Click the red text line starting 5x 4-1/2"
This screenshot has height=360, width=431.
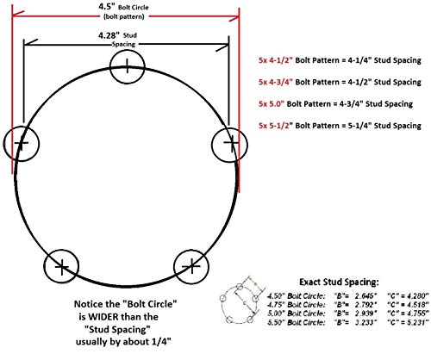click(x=340, y=61)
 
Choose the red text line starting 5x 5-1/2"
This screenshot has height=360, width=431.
click(x=340, y=127)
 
